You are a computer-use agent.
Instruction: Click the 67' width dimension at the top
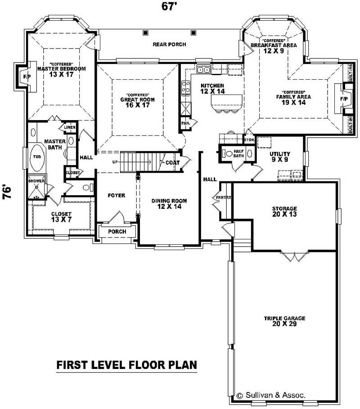[168, 6]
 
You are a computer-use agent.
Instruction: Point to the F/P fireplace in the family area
[344, 99]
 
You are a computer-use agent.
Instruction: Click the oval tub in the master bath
[36, 157]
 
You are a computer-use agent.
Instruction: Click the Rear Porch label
[169, 45]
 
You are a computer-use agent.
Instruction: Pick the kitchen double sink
[204, 70]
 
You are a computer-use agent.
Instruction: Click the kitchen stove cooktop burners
[185, 89]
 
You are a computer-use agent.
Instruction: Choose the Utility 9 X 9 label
[280, 156]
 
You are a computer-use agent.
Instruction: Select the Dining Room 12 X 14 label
[169, 204]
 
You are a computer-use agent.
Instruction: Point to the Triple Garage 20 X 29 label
[284, 321]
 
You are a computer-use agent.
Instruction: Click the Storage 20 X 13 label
[284, 211]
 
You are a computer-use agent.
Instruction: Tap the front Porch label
[117, 231]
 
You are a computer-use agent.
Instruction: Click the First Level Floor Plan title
[126, 364]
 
